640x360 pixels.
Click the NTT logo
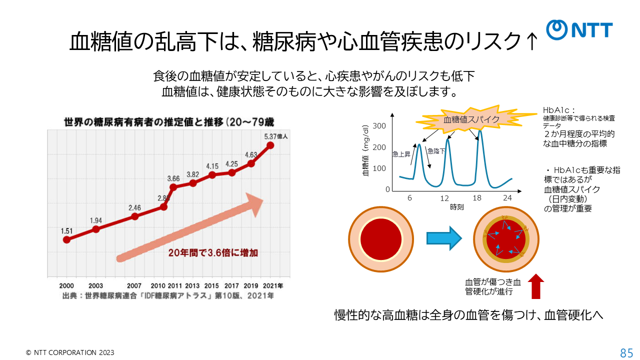579,30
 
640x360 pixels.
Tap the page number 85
626,352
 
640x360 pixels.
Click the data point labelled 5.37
270,145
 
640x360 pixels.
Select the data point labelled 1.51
66,239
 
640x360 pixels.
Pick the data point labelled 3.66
173,187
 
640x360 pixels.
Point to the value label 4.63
251,154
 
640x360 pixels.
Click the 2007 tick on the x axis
134,285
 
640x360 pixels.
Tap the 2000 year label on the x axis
66,285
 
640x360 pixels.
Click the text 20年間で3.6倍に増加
213,252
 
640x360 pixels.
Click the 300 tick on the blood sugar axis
379,125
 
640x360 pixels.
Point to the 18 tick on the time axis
477,198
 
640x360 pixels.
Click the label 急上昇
401,154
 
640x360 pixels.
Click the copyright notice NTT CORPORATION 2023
70,352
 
